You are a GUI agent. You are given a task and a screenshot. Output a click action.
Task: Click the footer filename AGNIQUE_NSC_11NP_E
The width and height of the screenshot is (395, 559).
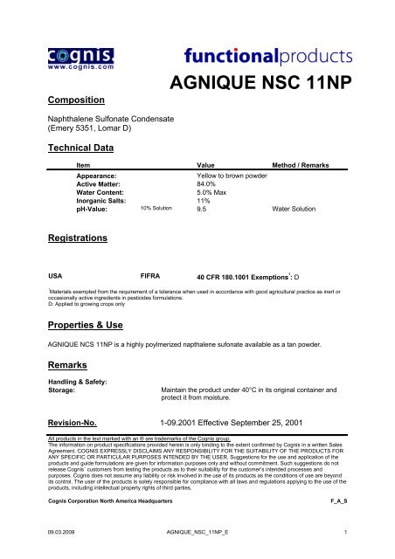197,531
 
